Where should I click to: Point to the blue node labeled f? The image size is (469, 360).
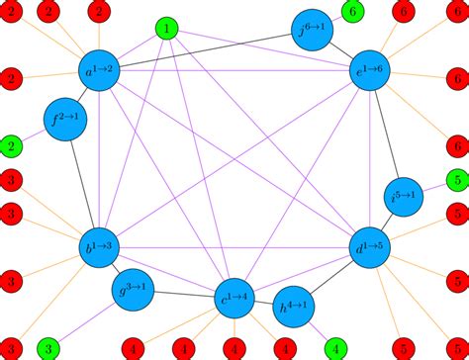pos(65,121)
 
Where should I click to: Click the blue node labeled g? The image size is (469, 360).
pos(137,290)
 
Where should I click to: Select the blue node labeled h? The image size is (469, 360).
pos(294,303)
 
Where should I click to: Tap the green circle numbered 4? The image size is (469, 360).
pos(336,348)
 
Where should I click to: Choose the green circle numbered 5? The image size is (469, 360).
pos(456,180)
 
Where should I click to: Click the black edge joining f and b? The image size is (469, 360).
pos(82,185)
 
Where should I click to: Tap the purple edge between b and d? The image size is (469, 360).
pos(237,248)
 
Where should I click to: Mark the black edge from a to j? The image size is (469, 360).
pos(208,49)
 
